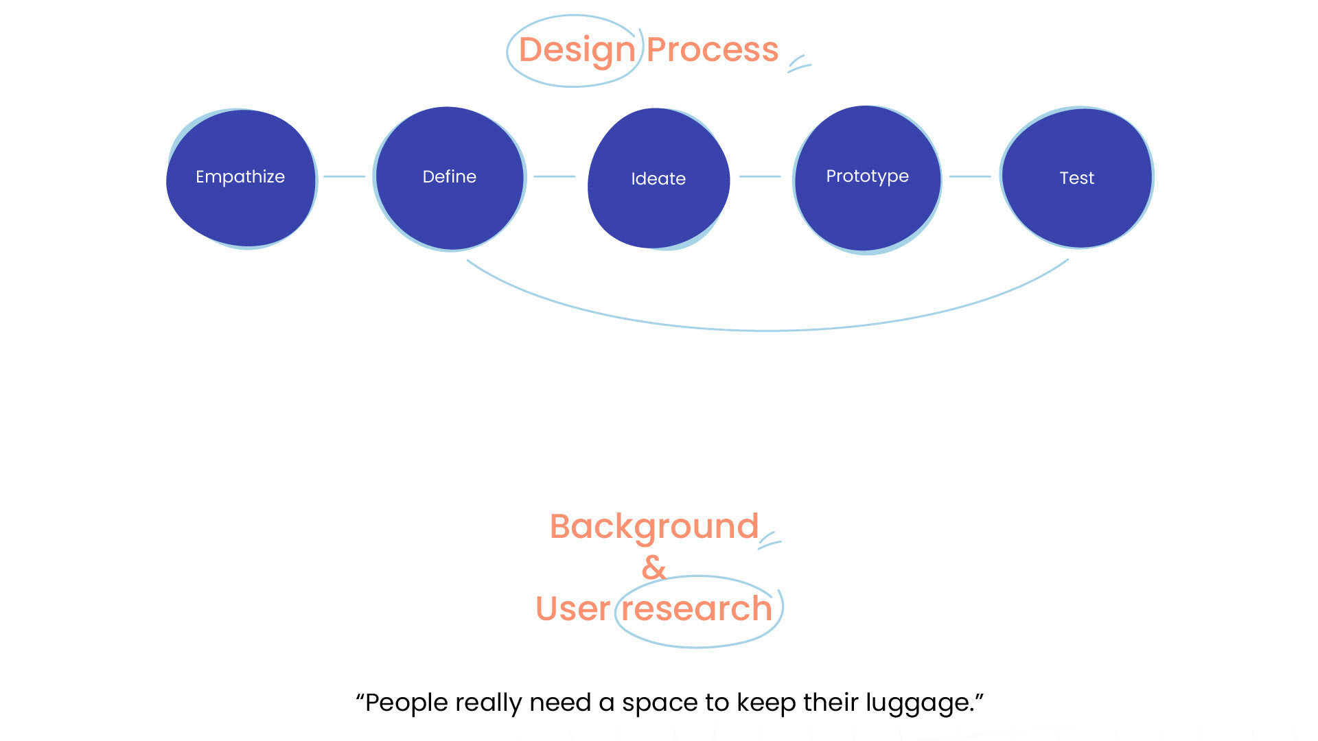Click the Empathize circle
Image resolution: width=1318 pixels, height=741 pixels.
[x=241, y=178]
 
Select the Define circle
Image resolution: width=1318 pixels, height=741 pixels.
[x=450, y=178]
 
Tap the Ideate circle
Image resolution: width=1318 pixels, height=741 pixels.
[x=658, y=178]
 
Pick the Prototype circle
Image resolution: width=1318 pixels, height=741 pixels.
[x=867, y=178]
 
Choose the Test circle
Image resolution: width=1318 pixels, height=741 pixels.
[x=1076, y=178]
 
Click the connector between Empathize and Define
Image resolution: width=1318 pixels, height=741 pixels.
[x=344, y=176]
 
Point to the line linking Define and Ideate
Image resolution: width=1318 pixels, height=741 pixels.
[x=554, y=176]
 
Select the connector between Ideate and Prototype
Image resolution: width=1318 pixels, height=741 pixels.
[x=760, y=176]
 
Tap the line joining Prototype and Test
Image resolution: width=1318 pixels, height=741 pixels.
[x=970, y=176]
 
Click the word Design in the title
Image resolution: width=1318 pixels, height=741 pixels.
[x=577, y=50]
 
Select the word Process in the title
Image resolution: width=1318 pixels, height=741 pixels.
[x=713, y=50]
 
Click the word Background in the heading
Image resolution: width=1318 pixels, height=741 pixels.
[x=654, y=527]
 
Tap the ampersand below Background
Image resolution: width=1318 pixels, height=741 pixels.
[x=654, y=567]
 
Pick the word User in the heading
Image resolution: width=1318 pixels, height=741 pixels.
[x=573, y=609]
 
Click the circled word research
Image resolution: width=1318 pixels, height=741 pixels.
[x=697, y=609]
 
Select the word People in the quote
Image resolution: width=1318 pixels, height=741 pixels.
[x=406, y=703]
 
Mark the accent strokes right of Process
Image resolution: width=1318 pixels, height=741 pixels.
[x=799, y=64]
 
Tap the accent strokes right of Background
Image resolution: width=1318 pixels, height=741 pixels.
[x=770, y=540]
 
